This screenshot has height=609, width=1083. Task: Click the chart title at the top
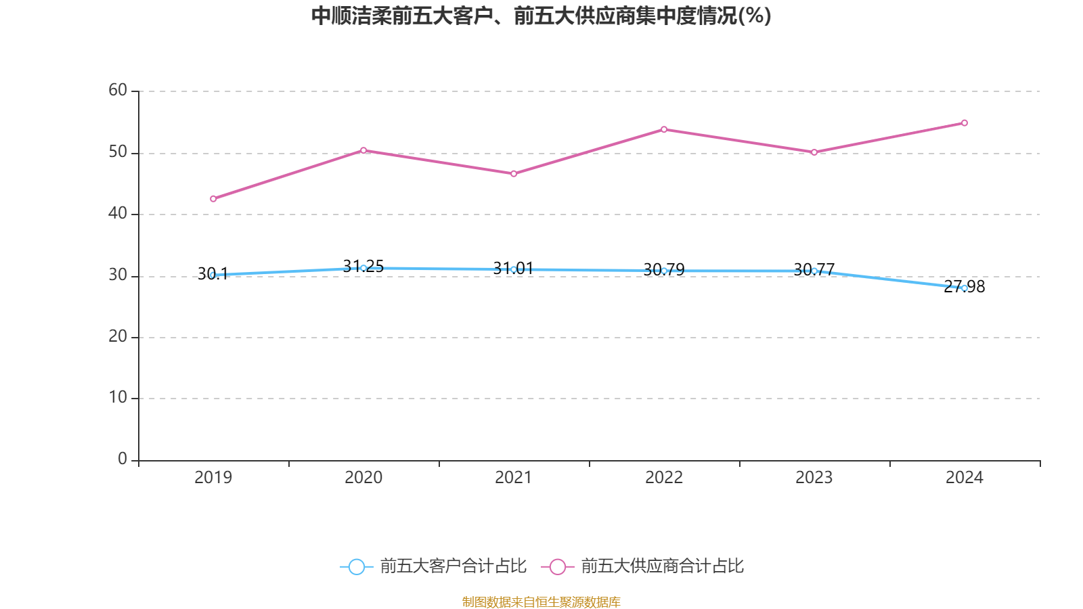click(541, 16)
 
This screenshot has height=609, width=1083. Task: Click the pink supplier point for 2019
click(213, 199)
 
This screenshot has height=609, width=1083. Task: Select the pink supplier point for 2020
click(363, 150)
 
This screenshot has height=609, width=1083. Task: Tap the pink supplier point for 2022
click(664, 129)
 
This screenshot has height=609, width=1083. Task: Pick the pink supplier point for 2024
click(965, 123)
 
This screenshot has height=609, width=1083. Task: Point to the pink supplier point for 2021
click(514, 174)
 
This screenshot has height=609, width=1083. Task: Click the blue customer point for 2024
click(965, 288)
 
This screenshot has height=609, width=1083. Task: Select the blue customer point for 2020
click(363, 268)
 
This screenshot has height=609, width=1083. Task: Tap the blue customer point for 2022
click(664, 271)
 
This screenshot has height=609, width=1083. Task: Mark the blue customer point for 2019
click(213, 275)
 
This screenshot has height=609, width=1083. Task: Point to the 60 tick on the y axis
click(118, 91)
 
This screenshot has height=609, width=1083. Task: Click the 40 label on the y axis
click(118, 214)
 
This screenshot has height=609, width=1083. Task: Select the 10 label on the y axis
click(118, 398)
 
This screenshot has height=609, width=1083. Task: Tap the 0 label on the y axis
click(123, 459)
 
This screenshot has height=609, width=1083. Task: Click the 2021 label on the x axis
click(514, 478)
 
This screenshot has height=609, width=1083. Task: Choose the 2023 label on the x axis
click(814, 478)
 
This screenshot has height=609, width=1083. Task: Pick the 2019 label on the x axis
click(213, 478)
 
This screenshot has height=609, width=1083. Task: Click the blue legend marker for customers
click(357, 566)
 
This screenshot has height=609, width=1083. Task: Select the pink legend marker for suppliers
click(558, 566)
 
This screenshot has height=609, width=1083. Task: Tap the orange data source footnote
click(541, 602)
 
